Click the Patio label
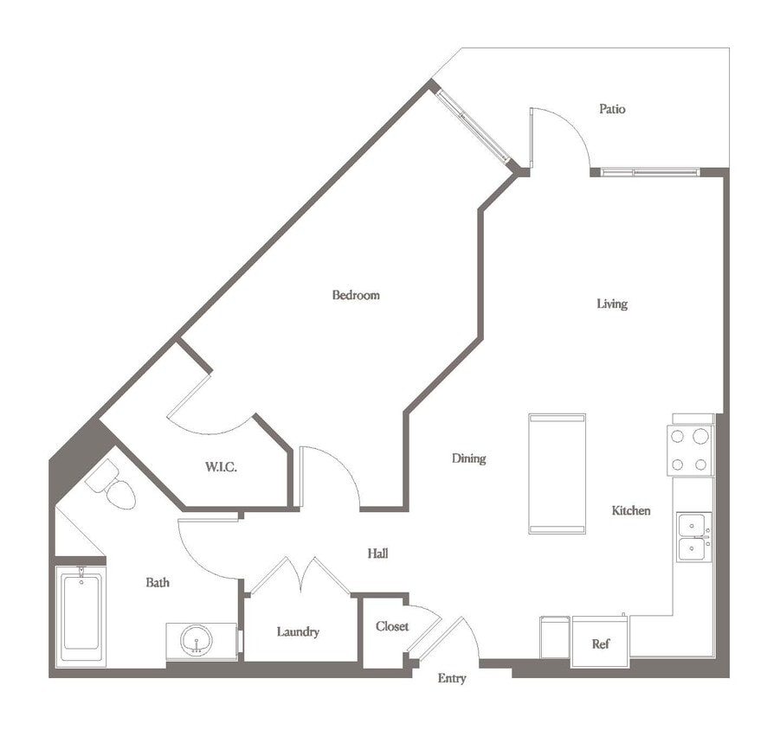tap(612, 110)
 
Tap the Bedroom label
tap(356, 295)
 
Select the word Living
tap(612, 304)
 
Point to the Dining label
tap(468, 458)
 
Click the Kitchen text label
tap(631, 511)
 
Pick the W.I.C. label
tap(221, 467)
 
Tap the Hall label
tap(377, 554)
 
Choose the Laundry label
tap(298, 632)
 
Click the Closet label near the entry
tap(392, 626)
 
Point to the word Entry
tap(452, 679)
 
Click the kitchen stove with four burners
tap(690, 450)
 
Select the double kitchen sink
tap(693, 537)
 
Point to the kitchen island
tap(557, 474)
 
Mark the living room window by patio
tap(650, 172)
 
